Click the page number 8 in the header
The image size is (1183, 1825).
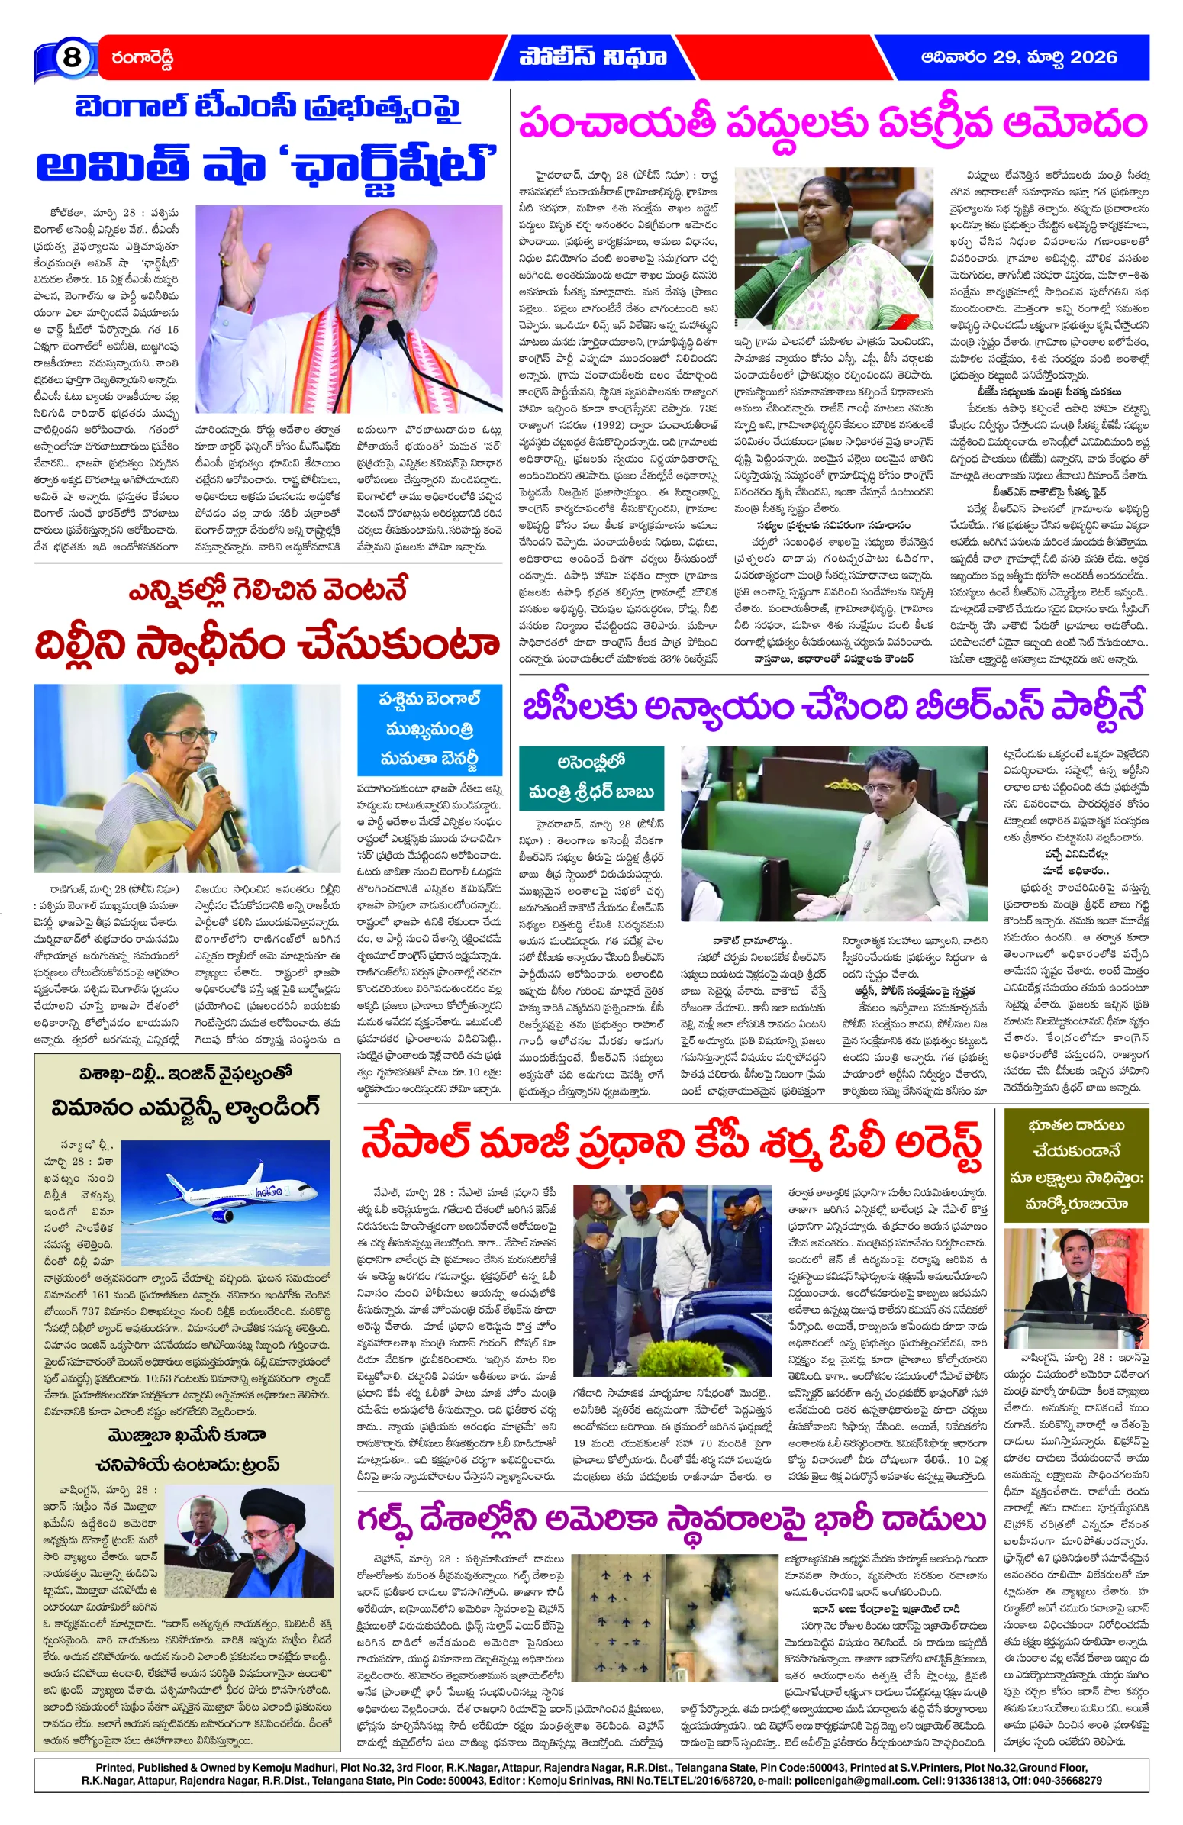click(x=71, y=57)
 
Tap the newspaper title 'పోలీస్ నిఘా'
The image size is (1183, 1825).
click(x=592, y=57)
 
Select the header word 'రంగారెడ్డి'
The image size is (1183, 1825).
click(x=143, y=58)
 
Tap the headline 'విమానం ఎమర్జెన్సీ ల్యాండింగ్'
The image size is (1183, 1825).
click(x=185, y=1108)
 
